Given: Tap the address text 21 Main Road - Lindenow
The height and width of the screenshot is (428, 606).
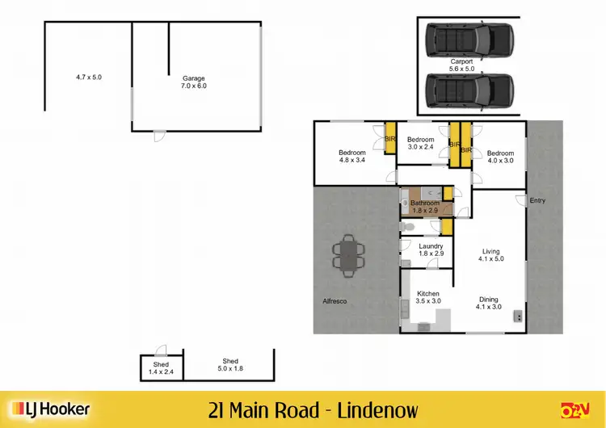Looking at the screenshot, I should point(313,409).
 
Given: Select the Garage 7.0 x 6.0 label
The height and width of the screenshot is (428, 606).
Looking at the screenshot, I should point(193,82).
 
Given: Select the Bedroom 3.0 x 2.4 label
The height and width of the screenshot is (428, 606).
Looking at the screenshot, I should point(420,143).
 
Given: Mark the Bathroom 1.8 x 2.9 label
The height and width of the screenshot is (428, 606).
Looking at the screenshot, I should point(424,207).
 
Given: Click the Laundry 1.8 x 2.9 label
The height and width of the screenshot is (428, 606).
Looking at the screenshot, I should point(430,250).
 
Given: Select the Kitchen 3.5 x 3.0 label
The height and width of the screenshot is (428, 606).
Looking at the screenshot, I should point(427,297).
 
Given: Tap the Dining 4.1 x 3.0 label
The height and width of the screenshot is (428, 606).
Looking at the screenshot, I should point(488,303).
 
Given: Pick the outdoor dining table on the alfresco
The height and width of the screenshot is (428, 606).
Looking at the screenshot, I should point(349,255).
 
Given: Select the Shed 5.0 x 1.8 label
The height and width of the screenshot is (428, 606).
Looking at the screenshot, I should point(230,365).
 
